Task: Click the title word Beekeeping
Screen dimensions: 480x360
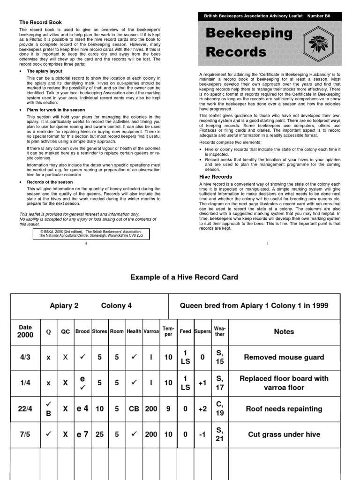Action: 249,34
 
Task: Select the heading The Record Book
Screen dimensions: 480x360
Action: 40,22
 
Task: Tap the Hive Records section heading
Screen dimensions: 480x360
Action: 216,177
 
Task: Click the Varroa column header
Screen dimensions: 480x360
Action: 151,331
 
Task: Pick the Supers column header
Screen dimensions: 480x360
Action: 202,331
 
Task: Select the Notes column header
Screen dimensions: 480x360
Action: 284,331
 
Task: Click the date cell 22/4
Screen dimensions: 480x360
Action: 25,409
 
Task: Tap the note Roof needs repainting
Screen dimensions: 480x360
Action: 284,409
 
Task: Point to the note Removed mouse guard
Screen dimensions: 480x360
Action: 284,357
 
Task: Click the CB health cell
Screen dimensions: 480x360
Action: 134,409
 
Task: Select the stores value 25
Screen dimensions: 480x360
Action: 99,435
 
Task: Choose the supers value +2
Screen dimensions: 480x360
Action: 202,409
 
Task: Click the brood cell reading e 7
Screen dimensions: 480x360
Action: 82,435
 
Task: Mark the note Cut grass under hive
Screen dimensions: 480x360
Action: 284,435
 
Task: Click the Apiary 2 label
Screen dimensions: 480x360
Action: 64,306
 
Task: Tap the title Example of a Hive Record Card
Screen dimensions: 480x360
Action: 184,277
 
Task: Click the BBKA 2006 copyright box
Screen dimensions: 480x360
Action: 91,234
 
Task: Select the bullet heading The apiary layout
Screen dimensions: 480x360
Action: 45,71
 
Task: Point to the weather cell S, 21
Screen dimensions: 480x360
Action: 219,435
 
